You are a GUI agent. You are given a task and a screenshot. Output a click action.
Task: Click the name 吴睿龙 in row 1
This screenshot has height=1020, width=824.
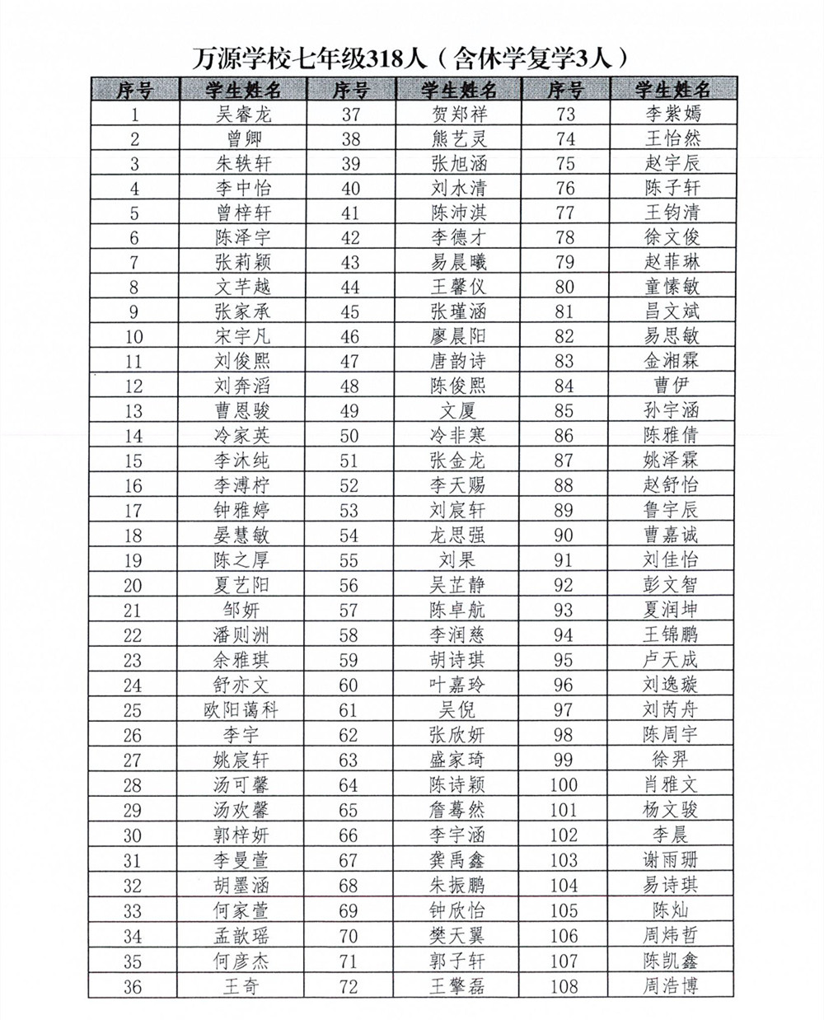242,114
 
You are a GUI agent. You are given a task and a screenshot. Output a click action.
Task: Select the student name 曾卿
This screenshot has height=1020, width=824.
242,138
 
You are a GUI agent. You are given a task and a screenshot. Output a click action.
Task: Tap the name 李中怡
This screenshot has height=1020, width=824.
242,188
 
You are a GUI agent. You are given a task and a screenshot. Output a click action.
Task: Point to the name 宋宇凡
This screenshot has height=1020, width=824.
242,336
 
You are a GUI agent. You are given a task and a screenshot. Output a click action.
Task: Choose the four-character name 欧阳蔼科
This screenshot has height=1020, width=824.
242,709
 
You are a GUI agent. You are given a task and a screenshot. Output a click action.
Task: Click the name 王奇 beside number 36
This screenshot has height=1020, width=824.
242,985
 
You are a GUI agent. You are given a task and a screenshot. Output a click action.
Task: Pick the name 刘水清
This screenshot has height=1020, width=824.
458,188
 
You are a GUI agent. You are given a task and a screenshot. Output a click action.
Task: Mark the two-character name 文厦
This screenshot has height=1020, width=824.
458,410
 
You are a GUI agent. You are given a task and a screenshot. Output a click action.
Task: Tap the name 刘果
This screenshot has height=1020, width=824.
458,560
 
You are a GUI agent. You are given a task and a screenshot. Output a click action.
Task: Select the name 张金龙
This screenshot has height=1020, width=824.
458,460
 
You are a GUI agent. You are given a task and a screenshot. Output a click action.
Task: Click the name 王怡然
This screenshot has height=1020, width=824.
672,138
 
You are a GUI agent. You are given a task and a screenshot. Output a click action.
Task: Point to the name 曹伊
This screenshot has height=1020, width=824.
672,385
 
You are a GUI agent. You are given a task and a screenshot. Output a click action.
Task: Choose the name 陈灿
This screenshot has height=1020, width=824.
672,910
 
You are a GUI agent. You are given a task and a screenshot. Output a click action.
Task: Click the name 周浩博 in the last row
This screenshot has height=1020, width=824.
672,985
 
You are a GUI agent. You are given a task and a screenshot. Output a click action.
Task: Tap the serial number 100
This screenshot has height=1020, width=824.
564,785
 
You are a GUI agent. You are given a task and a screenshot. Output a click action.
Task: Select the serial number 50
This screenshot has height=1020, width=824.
349,436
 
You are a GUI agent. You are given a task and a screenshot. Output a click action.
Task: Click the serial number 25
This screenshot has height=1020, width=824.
133,710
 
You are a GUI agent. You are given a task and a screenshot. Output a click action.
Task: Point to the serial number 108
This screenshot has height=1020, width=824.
564,986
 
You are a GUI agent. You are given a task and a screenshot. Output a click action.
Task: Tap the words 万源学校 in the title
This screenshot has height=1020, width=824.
238,58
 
